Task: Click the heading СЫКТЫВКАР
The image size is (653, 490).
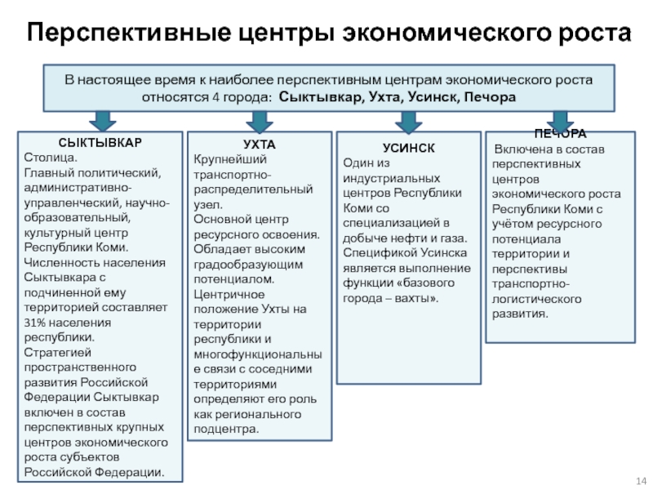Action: coord(100,143)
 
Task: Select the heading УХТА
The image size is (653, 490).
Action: coord(259,145)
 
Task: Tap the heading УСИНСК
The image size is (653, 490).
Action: coord(409,148)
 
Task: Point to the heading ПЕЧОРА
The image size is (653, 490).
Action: coord(560,134)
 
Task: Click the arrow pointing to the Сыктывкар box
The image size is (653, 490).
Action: coord(103,121)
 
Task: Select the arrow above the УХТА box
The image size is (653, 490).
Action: coord(260,122)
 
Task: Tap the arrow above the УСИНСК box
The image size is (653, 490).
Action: coord(409,122)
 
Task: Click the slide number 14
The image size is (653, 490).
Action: coord(641,480)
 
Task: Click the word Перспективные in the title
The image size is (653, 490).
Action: coord(129,33)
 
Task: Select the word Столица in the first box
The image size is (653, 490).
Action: coord(49,158)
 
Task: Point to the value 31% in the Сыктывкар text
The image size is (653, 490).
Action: coord(33,323)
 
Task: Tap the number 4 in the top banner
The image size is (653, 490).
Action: coord(215,97)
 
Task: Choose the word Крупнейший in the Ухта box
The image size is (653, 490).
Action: coord(230,159)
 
